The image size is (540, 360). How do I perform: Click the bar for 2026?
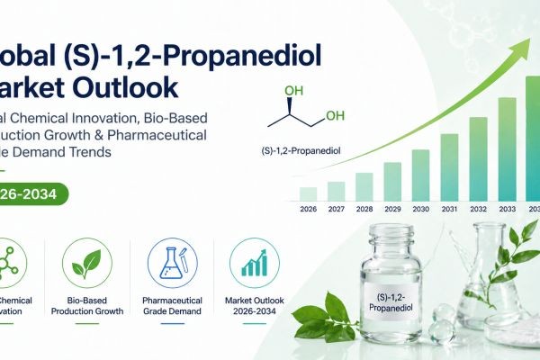[308, 193]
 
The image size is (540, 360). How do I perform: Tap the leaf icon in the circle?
[86, 262]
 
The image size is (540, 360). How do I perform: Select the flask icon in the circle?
[170, 262]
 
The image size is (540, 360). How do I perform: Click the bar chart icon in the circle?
[254, 262]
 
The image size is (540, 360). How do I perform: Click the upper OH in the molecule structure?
[293, 91]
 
